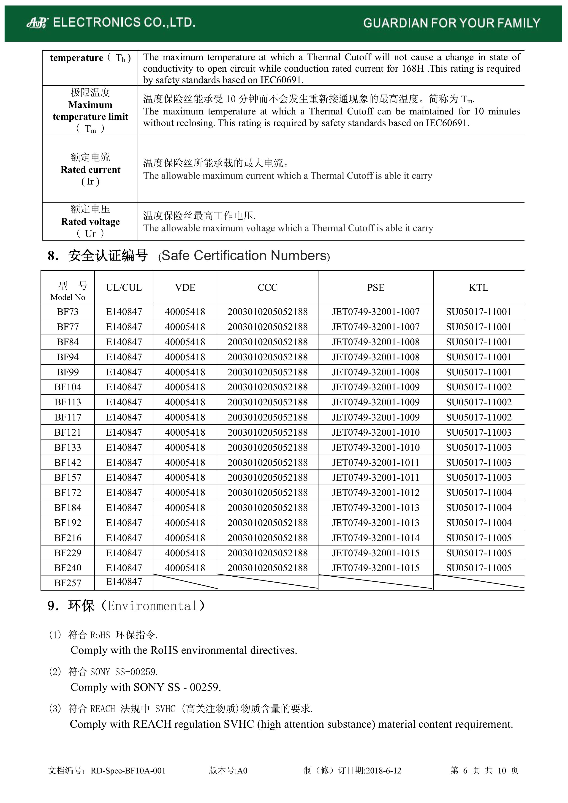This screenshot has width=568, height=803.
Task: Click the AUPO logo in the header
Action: point(37,23)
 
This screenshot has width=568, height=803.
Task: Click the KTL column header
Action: point(478,288)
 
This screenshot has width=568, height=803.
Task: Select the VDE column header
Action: point(185,288)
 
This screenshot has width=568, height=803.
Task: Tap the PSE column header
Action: point(376,288)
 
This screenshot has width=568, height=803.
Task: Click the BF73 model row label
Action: point(68,312)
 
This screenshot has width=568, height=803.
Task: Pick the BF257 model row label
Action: point(68,583)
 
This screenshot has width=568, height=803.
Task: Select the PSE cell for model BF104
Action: point(376,387)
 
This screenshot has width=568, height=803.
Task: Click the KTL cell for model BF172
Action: point(478,492)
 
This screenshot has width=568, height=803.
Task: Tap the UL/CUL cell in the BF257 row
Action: point(124,582)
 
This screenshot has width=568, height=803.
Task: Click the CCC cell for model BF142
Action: point(268,462)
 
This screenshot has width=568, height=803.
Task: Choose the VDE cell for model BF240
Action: point(185,568)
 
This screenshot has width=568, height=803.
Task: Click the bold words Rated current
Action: point(90,170)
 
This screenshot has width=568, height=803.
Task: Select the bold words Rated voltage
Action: point(90,222)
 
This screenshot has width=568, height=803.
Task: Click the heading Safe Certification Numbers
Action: point(244,256)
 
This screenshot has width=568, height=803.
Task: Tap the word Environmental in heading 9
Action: point(152,606)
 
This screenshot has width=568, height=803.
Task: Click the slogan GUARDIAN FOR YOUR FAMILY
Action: point(451,23)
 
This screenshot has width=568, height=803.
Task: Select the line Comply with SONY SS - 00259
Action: point(146,687)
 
